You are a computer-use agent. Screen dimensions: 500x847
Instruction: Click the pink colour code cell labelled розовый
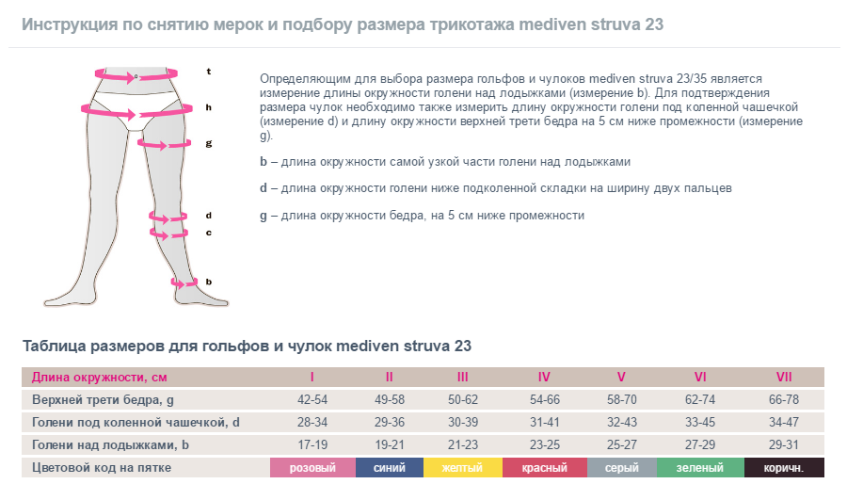coord(312,468)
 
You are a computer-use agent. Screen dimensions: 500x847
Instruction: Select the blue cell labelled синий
coord(390,468)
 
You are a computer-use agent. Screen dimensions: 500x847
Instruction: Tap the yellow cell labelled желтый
coord(462,468)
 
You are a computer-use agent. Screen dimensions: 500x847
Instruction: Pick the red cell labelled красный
coord(544,468)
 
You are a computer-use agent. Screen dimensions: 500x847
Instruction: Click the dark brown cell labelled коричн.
coord(784,468)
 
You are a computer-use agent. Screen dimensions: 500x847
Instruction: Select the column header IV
coord(544,378)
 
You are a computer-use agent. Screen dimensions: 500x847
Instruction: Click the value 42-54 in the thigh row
coord(312,400)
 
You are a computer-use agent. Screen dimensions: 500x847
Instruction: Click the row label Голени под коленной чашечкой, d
coord(136,423)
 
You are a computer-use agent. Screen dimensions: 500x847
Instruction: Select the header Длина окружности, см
coord(100,378)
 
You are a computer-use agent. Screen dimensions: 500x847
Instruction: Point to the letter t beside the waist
coord(209,72)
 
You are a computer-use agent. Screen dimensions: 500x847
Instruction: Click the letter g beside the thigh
coord(209,143)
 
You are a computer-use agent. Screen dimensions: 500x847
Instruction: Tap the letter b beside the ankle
coord(209,282)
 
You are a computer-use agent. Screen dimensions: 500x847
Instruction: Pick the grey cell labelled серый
coord(621,468)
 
